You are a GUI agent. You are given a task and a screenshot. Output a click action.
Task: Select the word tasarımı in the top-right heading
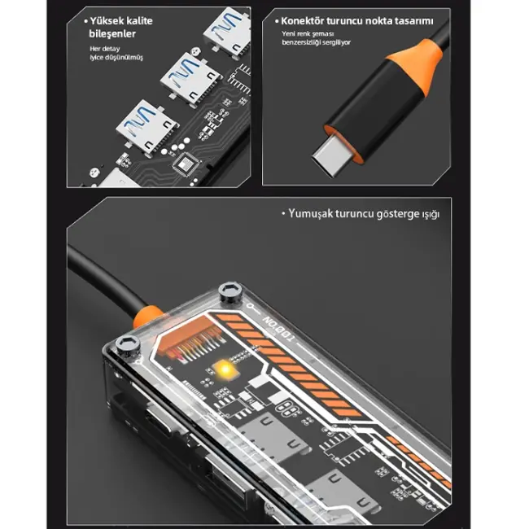pyautogui.click(x=409, y=20)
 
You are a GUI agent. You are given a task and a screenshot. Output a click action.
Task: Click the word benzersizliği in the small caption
pyautogui.click(x=304, y=42)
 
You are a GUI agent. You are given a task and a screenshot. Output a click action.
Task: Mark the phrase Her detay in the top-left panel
pyautogui.click(x=104, y=48)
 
